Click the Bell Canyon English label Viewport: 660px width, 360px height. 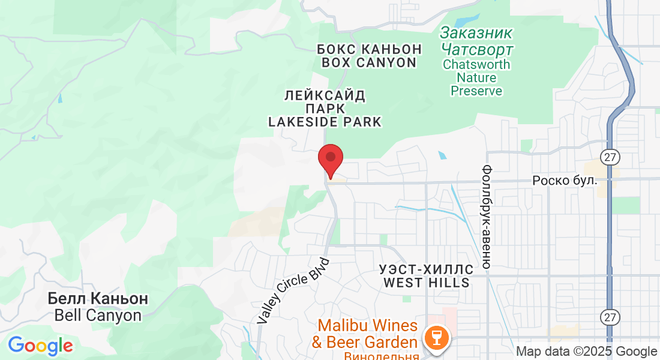click(x=98, y=315)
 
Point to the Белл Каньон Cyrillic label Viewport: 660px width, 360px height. click(x=98, y=298)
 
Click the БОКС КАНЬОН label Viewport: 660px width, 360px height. click(x=369, y=49)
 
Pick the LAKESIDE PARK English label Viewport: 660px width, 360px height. click(x=325, y=122)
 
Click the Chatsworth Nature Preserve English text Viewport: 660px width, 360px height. click(x=476, y=77)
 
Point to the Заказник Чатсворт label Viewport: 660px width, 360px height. click(x=476, y=40)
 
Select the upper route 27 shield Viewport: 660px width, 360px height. click(x=611, y=158)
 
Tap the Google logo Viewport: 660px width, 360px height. click(x=40, y=346)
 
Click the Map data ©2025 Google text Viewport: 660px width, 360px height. click(x=587, y=352)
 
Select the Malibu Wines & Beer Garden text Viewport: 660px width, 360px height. click(x=367, y=334)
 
